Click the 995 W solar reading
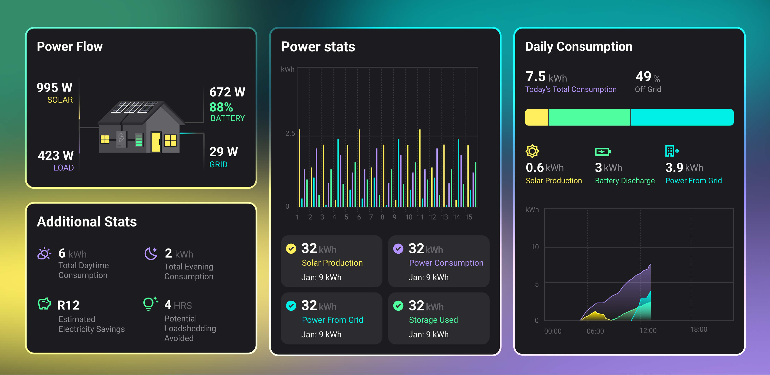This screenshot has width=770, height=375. (54, 88)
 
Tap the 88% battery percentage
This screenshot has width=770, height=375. (221, 107)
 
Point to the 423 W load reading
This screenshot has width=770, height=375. (56, 156)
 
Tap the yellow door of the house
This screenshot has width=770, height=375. (156, 142)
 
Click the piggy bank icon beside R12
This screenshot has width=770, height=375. (44, 304)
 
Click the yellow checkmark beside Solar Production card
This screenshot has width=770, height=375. (291, 249)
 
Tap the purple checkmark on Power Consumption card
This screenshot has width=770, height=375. (398, 249)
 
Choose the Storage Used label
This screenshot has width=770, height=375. (433, 320)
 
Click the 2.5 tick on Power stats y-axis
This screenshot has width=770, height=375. (290, 134)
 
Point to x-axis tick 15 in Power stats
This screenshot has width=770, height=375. (468, 217)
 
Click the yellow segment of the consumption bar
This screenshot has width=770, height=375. (537, 117)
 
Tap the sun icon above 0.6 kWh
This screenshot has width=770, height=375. (532, 151)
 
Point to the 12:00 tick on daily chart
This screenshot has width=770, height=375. (648, 330)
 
